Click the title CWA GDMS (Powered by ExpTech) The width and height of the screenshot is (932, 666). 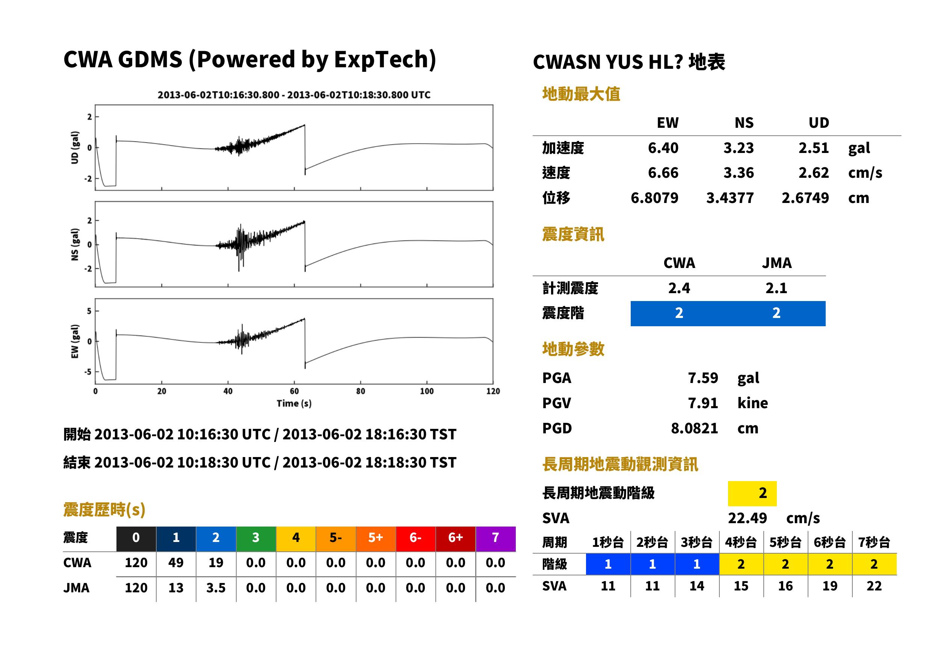249,60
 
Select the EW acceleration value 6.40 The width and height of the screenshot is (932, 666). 663,148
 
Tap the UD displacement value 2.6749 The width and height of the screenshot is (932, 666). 805,198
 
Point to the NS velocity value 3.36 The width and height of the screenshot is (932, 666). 738,173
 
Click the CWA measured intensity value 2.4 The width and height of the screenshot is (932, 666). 679,288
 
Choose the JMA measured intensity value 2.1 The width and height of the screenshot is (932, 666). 776,288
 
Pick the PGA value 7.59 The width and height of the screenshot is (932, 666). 702,378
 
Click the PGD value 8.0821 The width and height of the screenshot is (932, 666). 694,428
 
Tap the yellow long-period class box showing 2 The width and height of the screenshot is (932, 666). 752,493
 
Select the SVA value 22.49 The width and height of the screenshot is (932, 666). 747,518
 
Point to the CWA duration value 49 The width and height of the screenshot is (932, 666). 176,563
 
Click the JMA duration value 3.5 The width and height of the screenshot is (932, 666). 216,588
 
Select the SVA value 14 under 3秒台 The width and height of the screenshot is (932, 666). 697,586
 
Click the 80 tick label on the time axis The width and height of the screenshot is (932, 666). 360,391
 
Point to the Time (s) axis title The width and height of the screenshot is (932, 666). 294,404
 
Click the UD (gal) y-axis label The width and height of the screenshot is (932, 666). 75,148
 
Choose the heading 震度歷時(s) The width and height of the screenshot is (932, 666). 104,510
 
